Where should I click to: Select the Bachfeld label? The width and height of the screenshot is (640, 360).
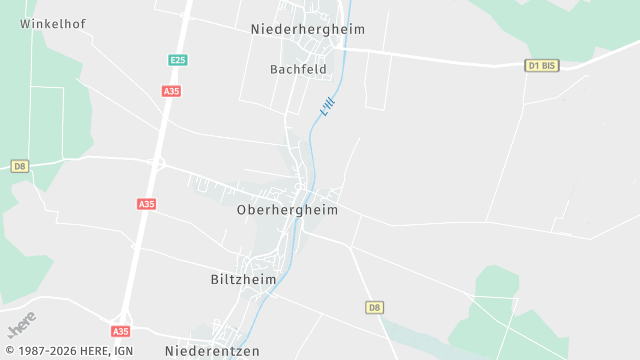click(x=299, y=69)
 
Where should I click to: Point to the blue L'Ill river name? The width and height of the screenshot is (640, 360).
click(x=327, y=105)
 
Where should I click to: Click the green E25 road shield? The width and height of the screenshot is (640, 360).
click(x=177, y=60)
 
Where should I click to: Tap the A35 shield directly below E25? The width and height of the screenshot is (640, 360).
click(x=170, y=90)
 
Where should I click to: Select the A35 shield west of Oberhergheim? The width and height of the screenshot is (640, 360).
click(x=147, y=204)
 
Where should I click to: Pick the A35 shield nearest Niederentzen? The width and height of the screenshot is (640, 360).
click(x=120, y=331)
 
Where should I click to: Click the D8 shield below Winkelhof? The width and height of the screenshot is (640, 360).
click(x=19, y=166)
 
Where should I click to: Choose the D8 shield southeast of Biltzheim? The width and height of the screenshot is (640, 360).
click(x=375, y=307)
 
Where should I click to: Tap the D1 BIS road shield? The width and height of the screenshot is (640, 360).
click(x=541, y=65)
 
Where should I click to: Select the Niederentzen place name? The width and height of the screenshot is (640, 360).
click(x=212, y=351)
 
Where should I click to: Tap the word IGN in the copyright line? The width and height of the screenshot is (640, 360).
click(x=123, y=351)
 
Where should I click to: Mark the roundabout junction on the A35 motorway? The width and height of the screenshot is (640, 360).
click(x=156, y=163)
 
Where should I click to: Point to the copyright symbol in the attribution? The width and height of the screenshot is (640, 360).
click(x=8, y=351)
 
